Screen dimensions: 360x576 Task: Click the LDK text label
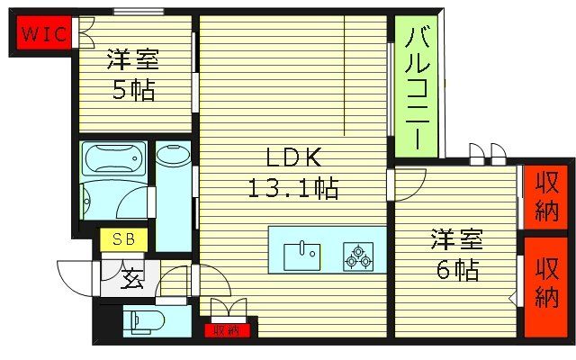pyautogui.click(x=292, y=158)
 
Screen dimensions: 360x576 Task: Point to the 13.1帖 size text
pyautogui.click(x=292, y=190)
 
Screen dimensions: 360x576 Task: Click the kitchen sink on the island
pyautogui.click(x=301, y=256)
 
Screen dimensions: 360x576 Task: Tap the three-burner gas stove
pyautogui.click(x=358, y=257)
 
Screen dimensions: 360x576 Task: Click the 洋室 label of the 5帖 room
pyautogui.click(x=133, y=61)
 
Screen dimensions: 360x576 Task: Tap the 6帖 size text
pyautogui.click(x=455, y=269)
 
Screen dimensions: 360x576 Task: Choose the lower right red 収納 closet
pyautogui.click(x=544, y=283)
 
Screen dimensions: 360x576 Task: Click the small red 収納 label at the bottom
pyautogui.click(x=228, y=330)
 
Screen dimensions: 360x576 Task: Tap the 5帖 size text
pyautogui.click(x=133, y=91)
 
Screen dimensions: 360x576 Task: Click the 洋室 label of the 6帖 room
pyautogui.click(x=455, y=240)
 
